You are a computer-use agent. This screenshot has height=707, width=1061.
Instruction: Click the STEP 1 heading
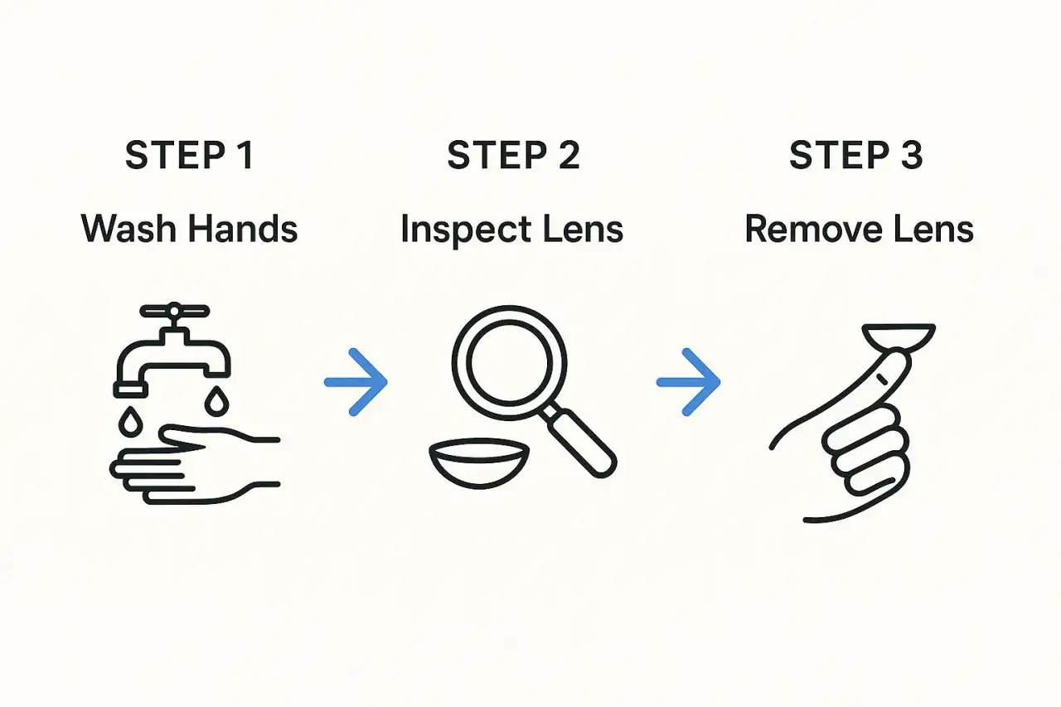coord(190,155)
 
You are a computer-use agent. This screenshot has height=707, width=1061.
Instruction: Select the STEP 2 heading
coord(513,155)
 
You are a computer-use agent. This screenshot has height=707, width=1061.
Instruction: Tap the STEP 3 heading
coord(856,155)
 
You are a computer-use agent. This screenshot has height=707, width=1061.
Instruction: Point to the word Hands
coord(243,230)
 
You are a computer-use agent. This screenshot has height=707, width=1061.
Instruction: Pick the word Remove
coord(813,230)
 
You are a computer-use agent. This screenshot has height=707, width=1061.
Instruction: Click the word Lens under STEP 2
coord(583,230)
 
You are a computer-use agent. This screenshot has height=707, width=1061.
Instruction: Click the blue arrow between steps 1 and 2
coord(356,382)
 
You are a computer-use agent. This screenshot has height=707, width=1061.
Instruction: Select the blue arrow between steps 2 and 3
coord(689,382)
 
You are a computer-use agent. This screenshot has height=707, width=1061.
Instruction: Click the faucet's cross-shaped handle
coord(174,311)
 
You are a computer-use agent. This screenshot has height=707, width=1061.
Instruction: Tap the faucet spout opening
coord(130,390)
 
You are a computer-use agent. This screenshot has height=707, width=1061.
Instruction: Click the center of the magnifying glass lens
coord(509,363)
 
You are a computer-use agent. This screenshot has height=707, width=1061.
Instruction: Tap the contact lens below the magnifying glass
coord(479,463)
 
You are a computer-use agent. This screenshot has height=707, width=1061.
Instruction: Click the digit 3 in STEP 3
coord(912,155)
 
